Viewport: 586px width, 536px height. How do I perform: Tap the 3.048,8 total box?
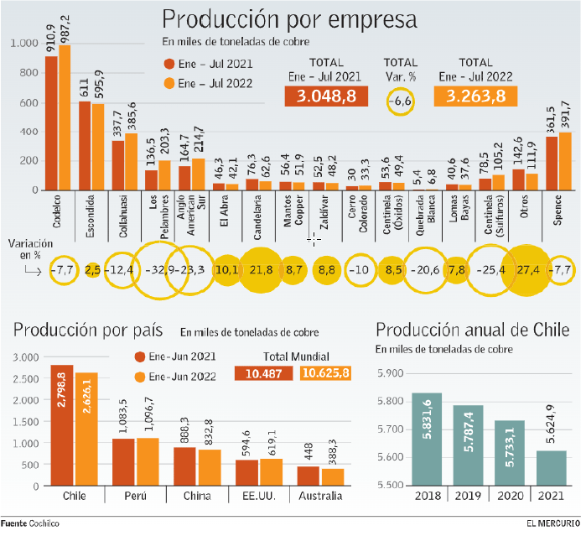click(320, 96)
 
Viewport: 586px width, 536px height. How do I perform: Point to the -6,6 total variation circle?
click(400, 100)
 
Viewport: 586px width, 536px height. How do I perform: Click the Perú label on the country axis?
click(135, 496)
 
